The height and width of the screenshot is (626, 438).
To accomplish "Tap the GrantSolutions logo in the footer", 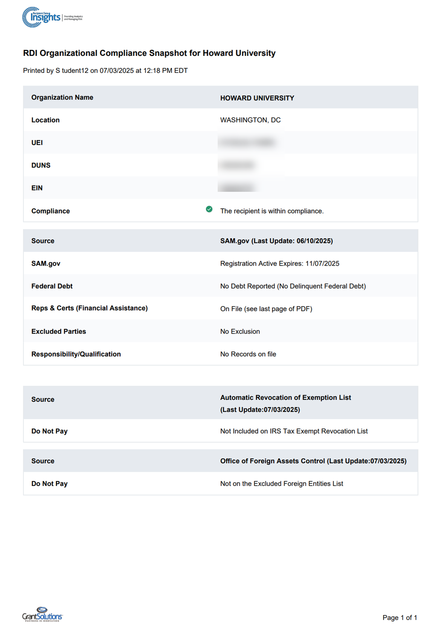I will [x=42, y=614].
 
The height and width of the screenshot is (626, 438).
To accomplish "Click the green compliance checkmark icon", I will [x=209, y=209].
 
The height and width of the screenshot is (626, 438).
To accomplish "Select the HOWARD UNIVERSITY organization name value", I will [x=257, y=98].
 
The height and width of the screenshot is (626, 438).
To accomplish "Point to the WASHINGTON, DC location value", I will [x=250, y=120].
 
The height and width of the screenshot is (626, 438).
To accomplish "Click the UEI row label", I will [x=37, y=143].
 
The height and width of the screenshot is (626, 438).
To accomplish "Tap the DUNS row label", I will [x=41, y=165].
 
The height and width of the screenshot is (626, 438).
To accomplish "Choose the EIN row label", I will [x=37, y=188].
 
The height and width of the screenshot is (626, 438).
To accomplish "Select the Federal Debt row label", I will [x=52, y=286].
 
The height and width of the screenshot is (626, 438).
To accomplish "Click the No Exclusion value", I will [x=240, y=332].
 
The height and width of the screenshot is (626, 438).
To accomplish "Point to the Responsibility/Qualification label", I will [x=76, y=354].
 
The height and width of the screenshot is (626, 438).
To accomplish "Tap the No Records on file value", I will [x=248, y=354].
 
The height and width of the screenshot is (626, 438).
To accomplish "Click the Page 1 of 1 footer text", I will [x=399, y=618].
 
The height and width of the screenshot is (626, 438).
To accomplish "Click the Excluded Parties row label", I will [x=59, y=332].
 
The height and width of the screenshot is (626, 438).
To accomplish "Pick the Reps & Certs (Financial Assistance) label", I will [x=89, y=308].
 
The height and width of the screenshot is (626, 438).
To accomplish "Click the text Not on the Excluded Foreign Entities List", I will [x=282, y=484].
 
